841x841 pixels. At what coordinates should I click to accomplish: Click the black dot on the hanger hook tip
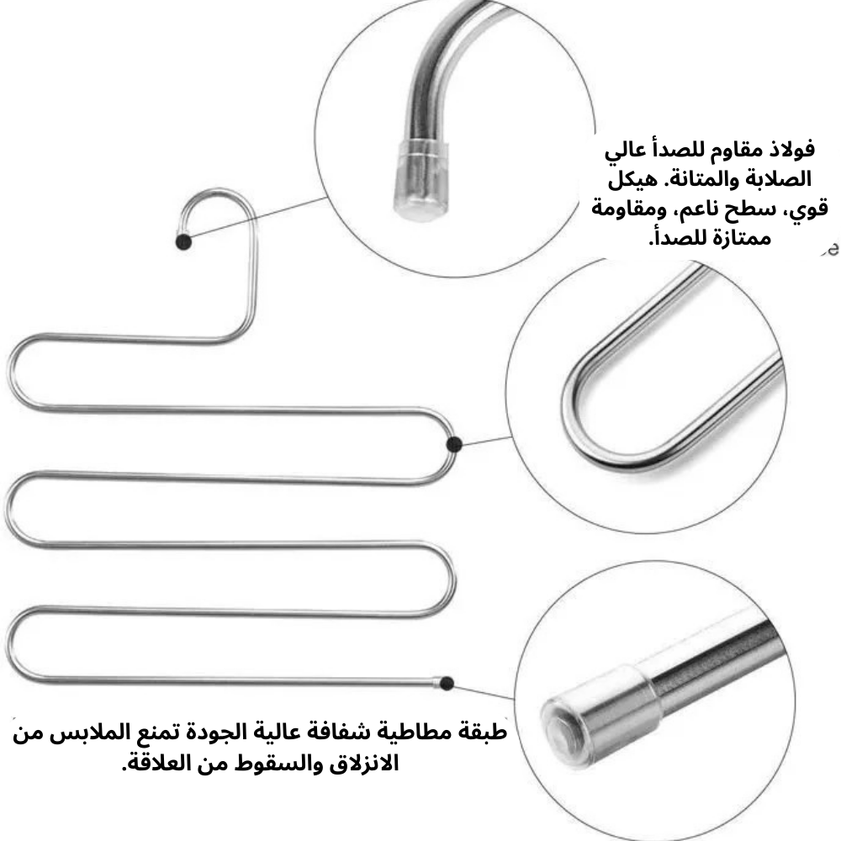point(183,242)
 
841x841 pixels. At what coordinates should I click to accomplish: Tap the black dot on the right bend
point(454,444)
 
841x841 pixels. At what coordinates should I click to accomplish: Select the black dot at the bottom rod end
point(447,683)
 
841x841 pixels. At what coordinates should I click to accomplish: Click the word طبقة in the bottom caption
point(484,731)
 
